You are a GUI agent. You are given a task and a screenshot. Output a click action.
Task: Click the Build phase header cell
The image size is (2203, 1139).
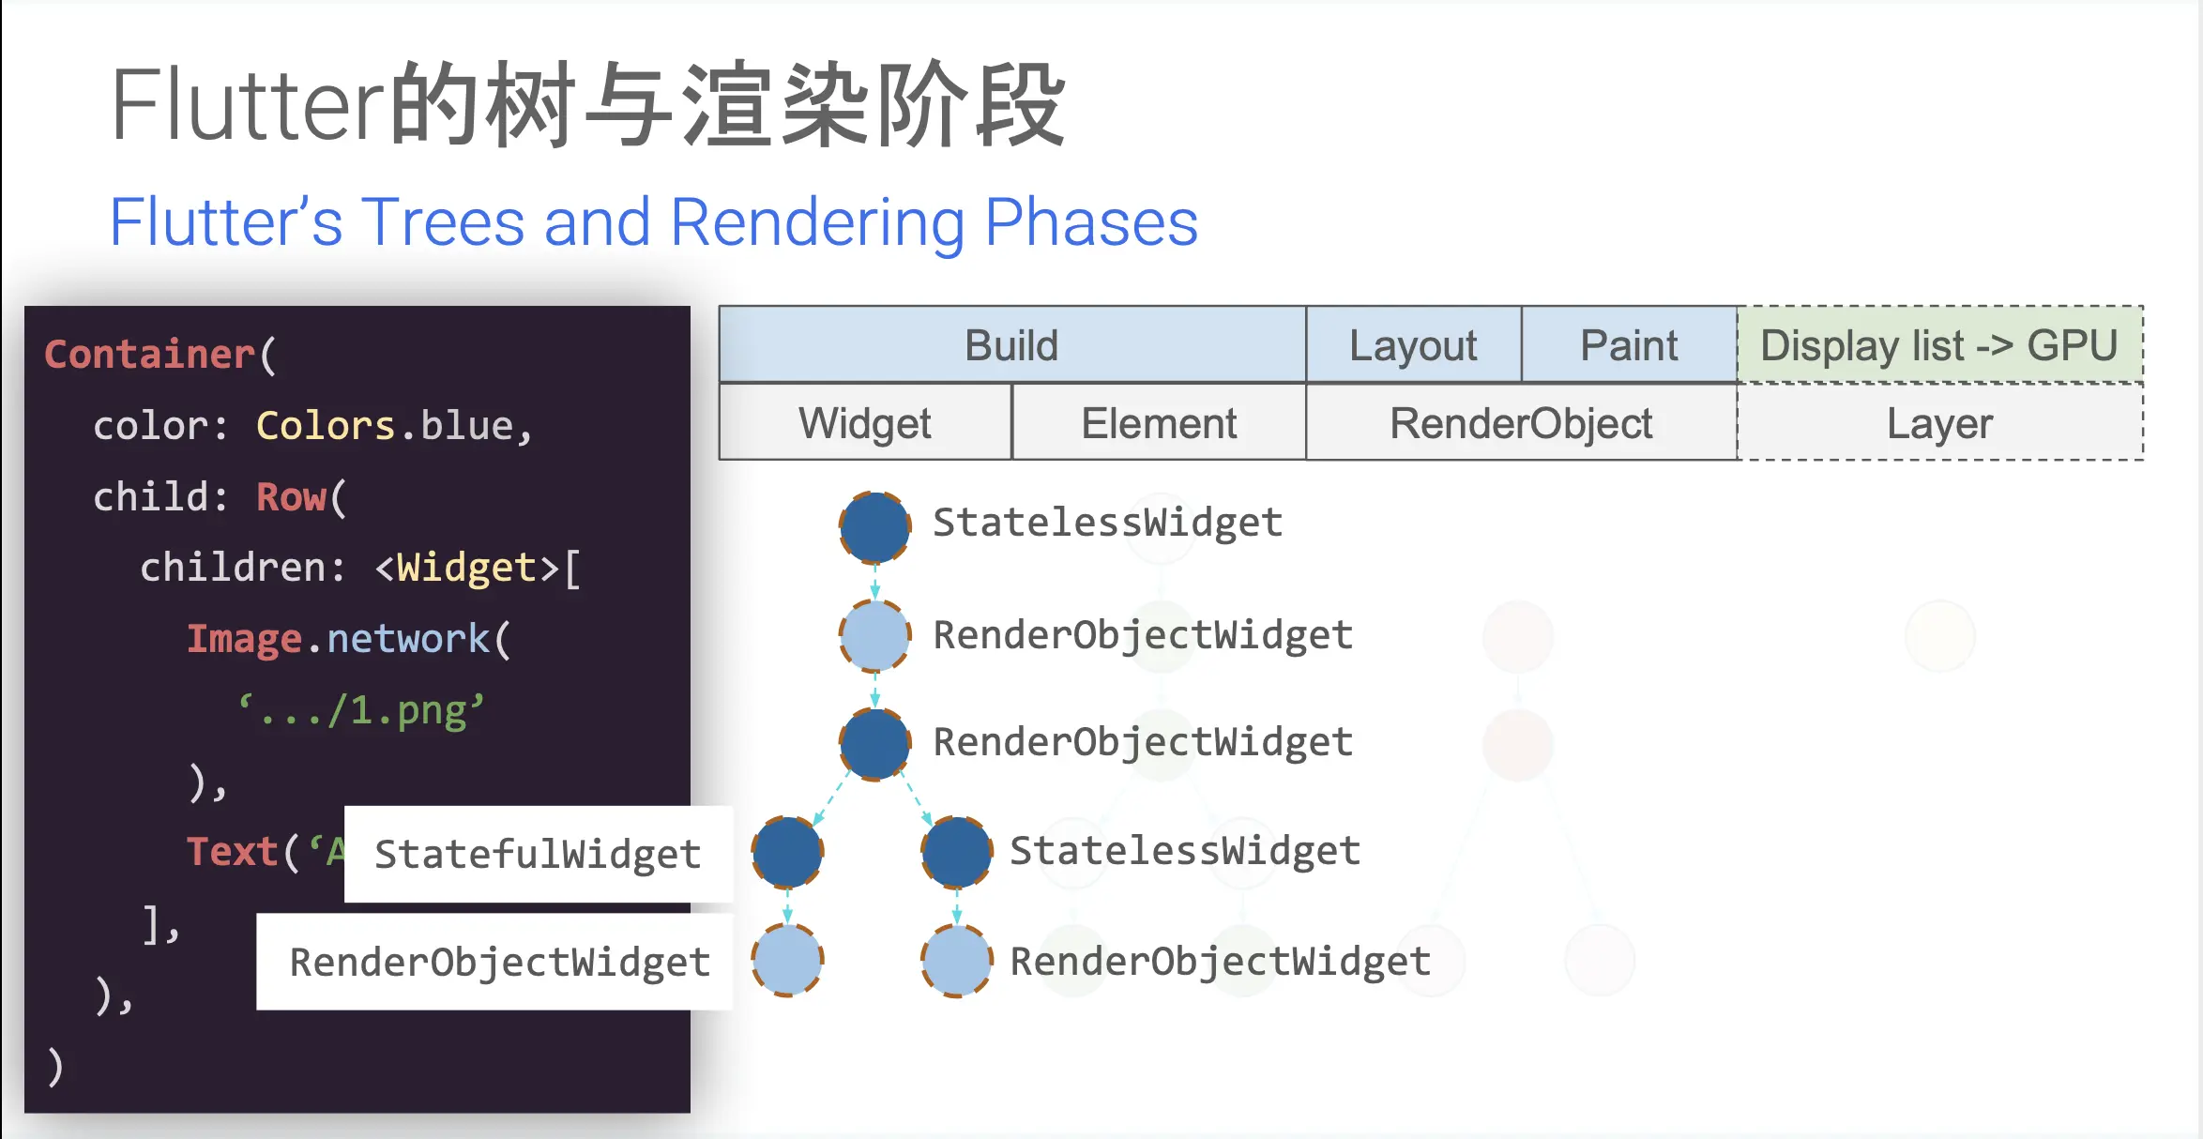click(x=1011, y=345)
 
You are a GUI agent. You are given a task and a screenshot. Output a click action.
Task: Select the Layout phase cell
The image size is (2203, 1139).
click(x=1413, y=345)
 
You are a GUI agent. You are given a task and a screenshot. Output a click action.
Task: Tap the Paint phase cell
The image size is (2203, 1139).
click(x=1629, y=345)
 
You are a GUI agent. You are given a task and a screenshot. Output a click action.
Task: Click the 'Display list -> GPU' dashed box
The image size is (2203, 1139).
click(x=1938, y=345)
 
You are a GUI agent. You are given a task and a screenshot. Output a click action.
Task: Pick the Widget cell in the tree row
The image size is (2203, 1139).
click(x=864, y=423)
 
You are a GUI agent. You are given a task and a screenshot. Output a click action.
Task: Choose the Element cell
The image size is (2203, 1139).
click(x=1159, y=423)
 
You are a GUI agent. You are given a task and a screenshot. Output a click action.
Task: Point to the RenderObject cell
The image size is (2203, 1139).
click(x=1520, y=423)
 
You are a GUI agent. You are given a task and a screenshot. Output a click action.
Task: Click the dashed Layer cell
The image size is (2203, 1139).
click(x=1939, y=423)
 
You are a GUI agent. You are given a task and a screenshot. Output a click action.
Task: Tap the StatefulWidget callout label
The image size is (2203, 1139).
click(x=538, y=854)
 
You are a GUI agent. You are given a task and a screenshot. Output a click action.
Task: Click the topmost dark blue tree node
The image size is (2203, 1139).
click(x=874, y=527)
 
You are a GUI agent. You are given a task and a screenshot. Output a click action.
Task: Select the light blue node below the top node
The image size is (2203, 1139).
click(x=874, y=636)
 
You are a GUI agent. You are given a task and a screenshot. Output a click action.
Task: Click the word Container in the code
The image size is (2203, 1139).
click(x=149, y=355)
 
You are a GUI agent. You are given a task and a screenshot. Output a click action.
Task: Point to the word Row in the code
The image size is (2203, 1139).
click(x=291, y=497)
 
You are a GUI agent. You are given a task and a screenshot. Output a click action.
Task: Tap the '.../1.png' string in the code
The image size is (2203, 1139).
click(x=361, y=710)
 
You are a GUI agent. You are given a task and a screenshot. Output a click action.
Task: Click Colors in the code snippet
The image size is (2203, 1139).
click(x=325, y=426)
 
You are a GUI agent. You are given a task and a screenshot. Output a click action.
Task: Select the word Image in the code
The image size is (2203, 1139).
click(x=244, y=639)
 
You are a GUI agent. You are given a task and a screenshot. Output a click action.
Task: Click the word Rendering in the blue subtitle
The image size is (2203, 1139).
click(x=817, y=222)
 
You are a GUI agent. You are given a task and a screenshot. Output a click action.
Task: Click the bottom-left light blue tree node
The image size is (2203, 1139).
click(x=787, y=959)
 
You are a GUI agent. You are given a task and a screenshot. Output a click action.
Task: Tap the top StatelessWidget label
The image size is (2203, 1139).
click(x=1107, y=523)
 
